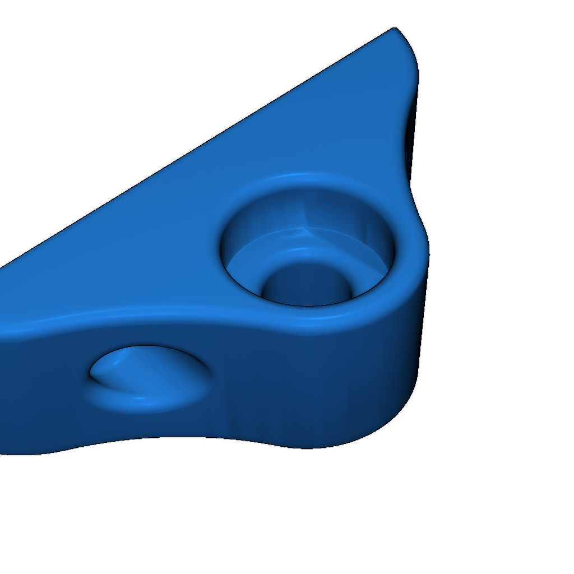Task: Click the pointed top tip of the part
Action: tap(395, 29)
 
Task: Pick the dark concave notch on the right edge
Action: tap(410, 140)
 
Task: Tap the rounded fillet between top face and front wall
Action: tap(168, 317)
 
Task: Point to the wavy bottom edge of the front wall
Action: tap(168, 439)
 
